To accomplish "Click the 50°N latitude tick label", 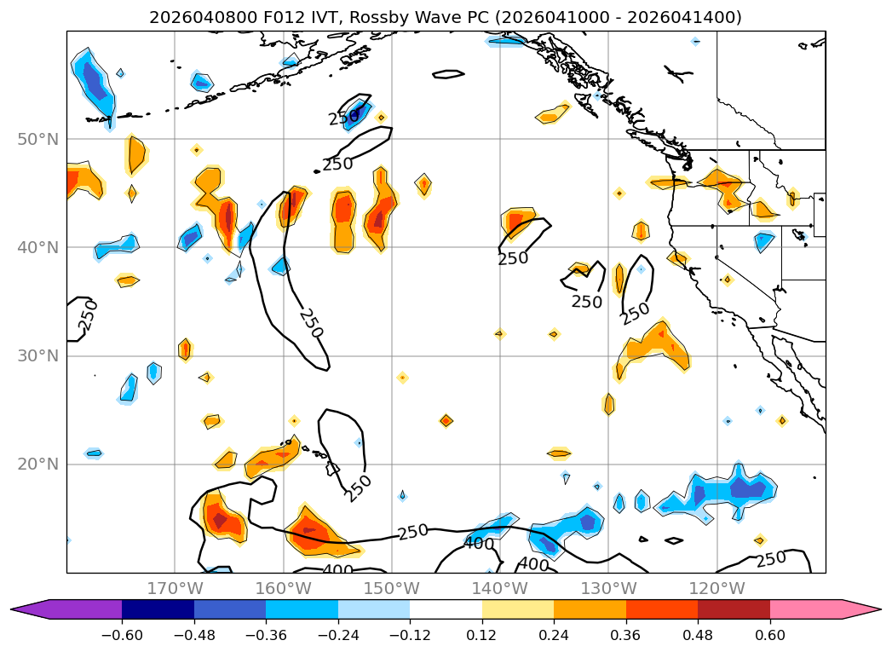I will pos(37,139).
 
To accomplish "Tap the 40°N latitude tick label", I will pos(37,248).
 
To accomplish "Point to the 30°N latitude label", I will pos(37,356).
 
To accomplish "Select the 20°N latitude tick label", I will pos(37,464).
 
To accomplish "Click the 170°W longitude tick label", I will pos(175,588).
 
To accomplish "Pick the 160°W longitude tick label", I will pos(283,588).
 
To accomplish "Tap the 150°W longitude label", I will pos(391,588).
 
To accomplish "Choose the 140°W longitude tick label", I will pos(499,588).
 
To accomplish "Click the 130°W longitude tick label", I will pos(608,588).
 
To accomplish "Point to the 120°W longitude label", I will pos(716,588).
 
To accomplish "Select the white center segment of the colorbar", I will pos(446,609).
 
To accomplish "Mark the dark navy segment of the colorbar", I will pos(158,609).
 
